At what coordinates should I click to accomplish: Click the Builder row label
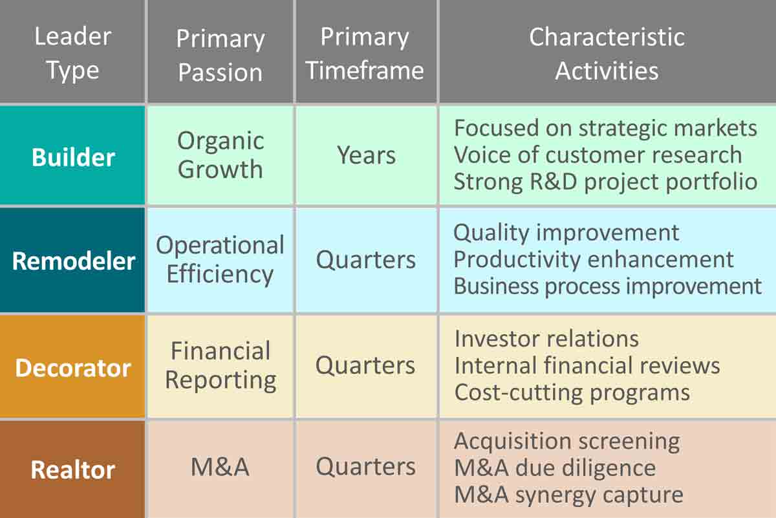point(73,157)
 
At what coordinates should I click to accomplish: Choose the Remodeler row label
point(73,261)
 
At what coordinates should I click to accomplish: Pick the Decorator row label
point(73,367)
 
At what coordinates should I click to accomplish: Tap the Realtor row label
point(73,470)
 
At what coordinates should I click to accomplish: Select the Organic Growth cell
point(221,155)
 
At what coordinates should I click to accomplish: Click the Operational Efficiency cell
point(221,260)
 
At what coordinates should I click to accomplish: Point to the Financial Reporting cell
point(221,366)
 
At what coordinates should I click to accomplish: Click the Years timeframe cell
point(366,155)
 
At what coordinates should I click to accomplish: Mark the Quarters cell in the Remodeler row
point(366,260)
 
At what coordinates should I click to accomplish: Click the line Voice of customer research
point(598,155)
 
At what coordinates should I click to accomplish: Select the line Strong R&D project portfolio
point(605,182)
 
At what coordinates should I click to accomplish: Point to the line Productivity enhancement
point(594,259)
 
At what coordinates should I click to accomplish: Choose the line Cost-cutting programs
point(572,393)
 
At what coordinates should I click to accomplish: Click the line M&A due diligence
point(555,468)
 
